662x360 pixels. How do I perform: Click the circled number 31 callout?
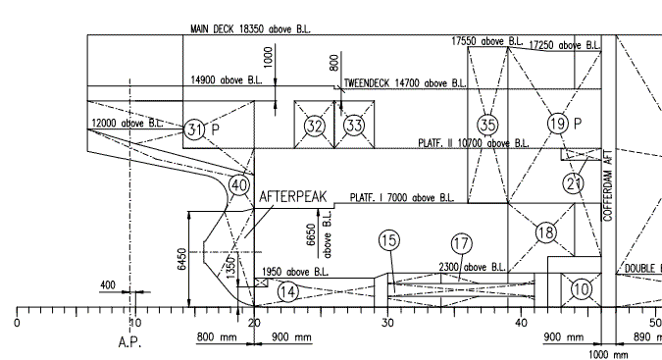[195, 129]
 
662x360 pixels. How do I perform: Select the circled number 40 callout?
[238, 184]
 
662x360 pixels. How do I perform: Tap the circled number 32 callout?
[314, 126]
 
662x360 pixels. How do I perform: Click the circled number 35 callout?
[487, 125]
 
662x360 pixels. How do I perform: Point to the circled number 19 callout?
[557, 124]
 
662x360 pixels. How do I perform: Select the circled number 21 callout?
[574, 181]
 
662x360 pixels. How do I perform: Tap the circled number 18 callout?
[546, 232]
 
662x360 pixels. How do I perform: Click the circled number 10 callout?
[581, 289]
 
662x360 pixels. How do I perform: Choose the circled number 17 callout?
[462, 242]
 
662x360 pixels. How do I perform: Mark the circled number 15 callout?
[389, 239]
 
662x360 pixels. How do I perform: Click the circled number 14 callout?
[286, 290]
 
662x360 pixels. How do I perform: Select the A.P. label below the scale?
[130, 344]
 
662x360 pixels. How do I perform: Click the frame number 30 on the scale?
[389, 323]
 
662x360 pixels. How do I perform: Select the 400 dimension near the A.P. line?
[108, 284]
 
